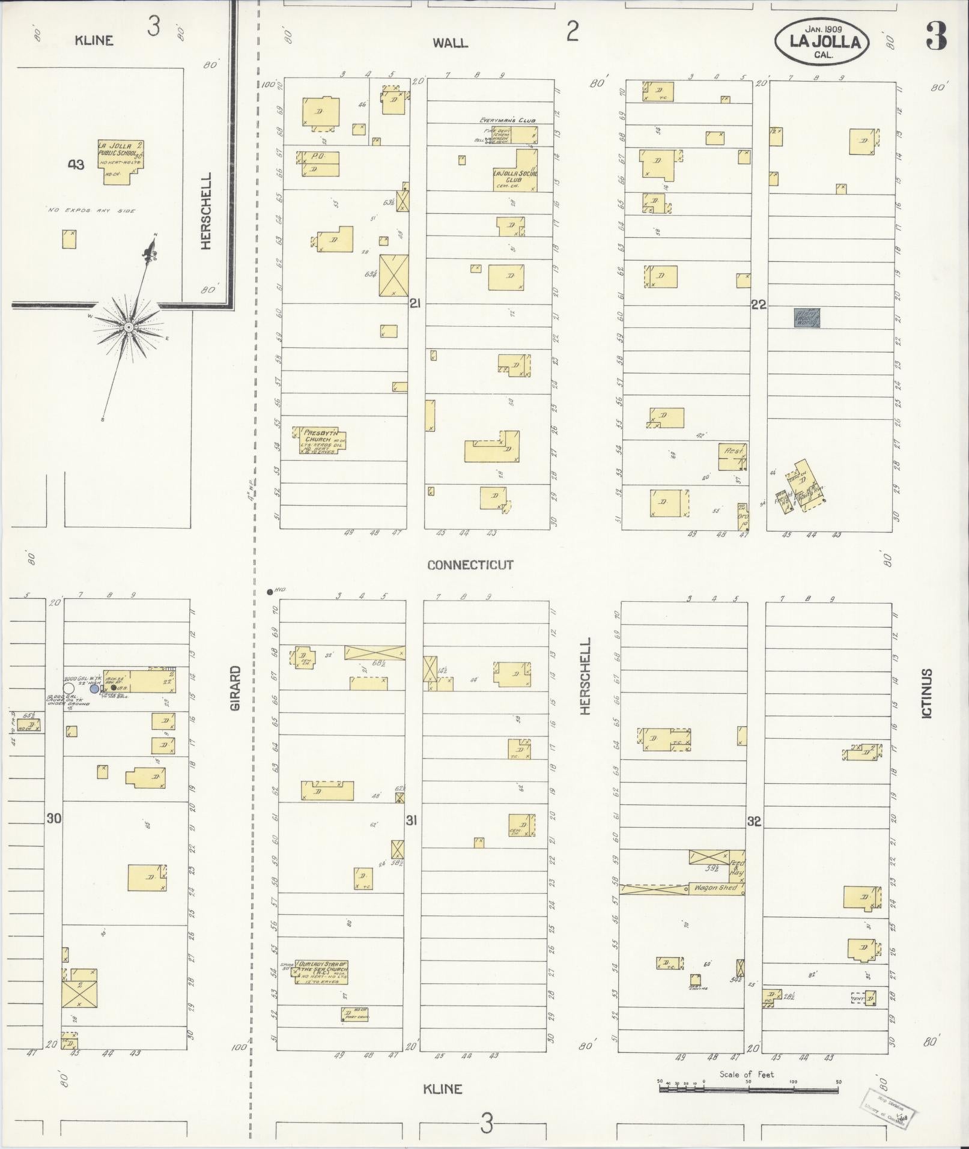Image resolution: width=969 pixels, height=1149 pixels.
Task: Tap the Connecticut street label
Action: point(470,565)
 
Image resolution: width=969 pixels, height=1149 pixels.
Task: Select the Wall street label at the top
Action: point(450,43)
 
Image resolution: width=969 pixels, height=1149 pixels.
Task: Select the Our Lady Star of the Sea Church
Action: point(322,972)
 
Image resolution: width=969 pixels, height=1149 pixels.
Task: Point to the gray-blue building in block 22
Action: point(807,318)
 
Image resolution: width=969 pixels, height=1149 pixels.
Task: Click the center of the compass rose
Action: point(128,327)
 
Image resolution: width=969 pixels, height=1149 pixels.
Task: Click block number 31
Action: point(411,820)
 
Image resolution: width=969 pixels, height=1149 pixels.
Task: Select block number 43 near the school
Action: point(76,165)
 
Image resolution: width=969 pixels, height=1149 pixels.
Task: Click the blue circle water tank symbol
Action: point(94,689)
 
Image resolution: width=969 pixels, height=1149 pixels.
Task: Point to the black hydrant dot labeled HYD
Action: point(270,592)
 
